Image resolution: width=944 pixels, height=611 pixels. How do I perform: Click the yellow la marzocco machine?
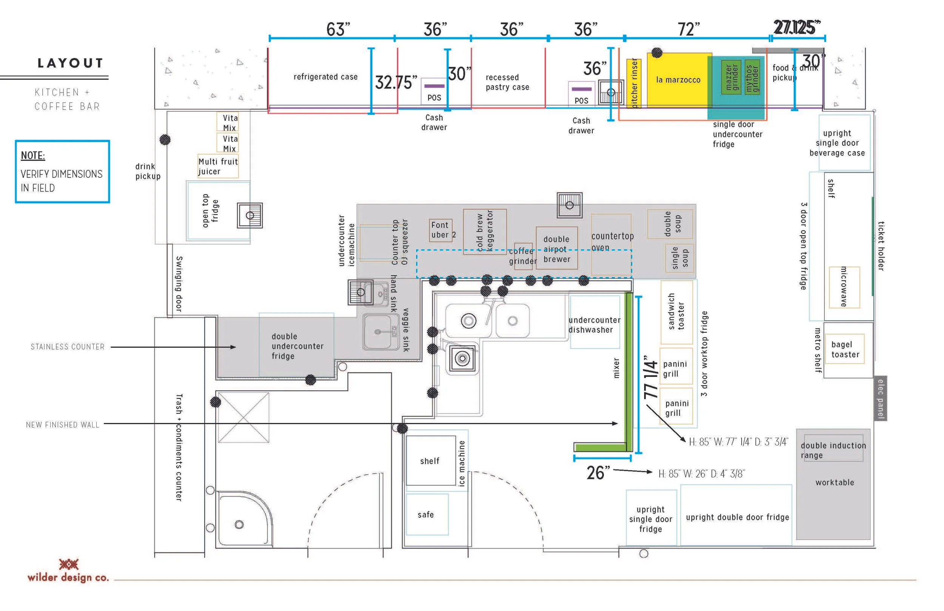pyautogui.click(x=678, y=80)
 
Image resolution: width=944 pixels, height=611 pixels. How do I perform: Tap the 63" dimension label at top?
pyautogui.click(x=338, y=29)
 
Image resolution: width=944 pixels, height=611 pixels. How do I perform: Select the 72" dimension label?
pyautogui.click(x=689, y=29)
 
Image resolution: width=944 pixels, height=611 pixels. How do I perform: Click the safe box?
pyautogui.click(x=427, y=514)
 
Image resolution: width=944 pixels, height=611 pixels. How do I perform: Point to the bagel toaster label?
pyautogui.click(x=845, y=349)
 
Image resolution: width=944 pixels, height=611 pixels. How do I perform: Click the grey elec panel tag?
pyautogui.click(x=881, y=398)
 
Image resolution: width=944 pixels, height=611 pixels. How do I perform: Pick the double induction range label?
pyautogui.click(x=833, y=450)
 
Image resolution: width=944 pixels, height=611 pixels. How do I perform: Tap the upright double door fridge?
pyautogui.click(x=737, y=517)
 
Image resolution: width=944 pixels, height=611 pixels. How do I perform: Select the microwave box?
pyautogui.click(x=844, y=287)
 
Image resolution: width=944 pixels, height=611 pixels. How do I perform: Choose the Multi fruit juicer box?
pyautogui.click(x=218, y=166)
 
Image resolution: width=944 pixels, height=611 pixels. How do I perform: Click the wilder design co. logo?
pyautogui.click(x=68, y=571)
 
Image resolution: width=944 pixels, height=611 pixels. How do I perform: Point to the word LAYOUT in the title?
pyautogui.click(x=71, y=63)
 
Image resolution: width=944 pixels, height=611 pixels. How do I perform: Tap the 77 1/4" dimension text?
pyautogui.click(x=651, y=377)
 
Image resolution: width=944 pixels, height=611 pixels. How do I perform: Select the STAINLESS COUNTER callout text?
pyautogui.click(x=68, y=347)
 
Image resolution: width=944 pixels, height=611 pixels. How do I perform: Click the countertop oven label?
pyautogui.click(x=612, y=242)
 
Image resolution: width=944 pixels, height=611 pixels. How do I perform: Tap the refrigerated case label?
pyautogui.click(x=325, y=77)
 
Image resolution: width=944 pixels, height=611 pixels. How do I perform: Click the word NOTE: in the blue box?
pyautogui.click(x=33, y=156)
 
